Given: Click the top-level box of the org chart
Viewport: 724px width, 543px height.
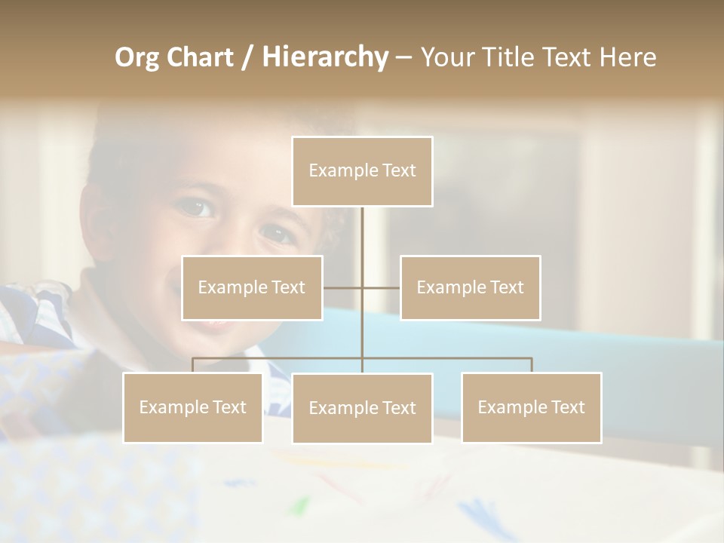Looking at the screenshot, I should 362,171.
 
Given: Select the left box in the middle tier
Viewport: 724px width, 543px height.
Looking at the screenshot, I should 252,287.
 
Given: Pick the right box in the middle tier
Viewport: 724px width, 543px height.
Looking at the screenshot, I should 470,287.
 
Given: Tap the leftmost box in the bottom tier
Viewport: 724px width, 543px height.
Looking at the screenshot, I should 192,407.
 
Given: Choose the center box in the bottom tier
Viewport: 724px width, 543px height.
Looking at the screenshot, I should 362,408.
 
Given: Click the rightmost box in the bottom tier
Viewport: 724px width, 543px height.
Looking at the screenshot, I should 531,407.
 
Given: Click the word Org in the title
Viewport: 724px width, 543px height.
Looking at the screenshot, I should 137,57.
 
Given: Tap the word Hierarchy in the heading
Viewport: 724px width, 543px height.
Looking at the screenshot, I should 324,57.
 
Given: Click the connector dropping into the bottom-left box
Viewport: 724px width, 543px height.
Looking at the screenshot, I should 192,365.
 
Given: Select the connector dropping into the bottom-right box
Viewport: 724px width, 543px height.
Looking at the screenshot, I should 532,365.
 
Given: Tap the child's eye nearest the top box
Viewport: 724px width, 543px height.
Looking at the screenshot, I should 278,232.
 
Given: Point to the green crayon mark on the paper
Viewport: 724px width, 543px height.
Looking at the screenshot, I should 300,504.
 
